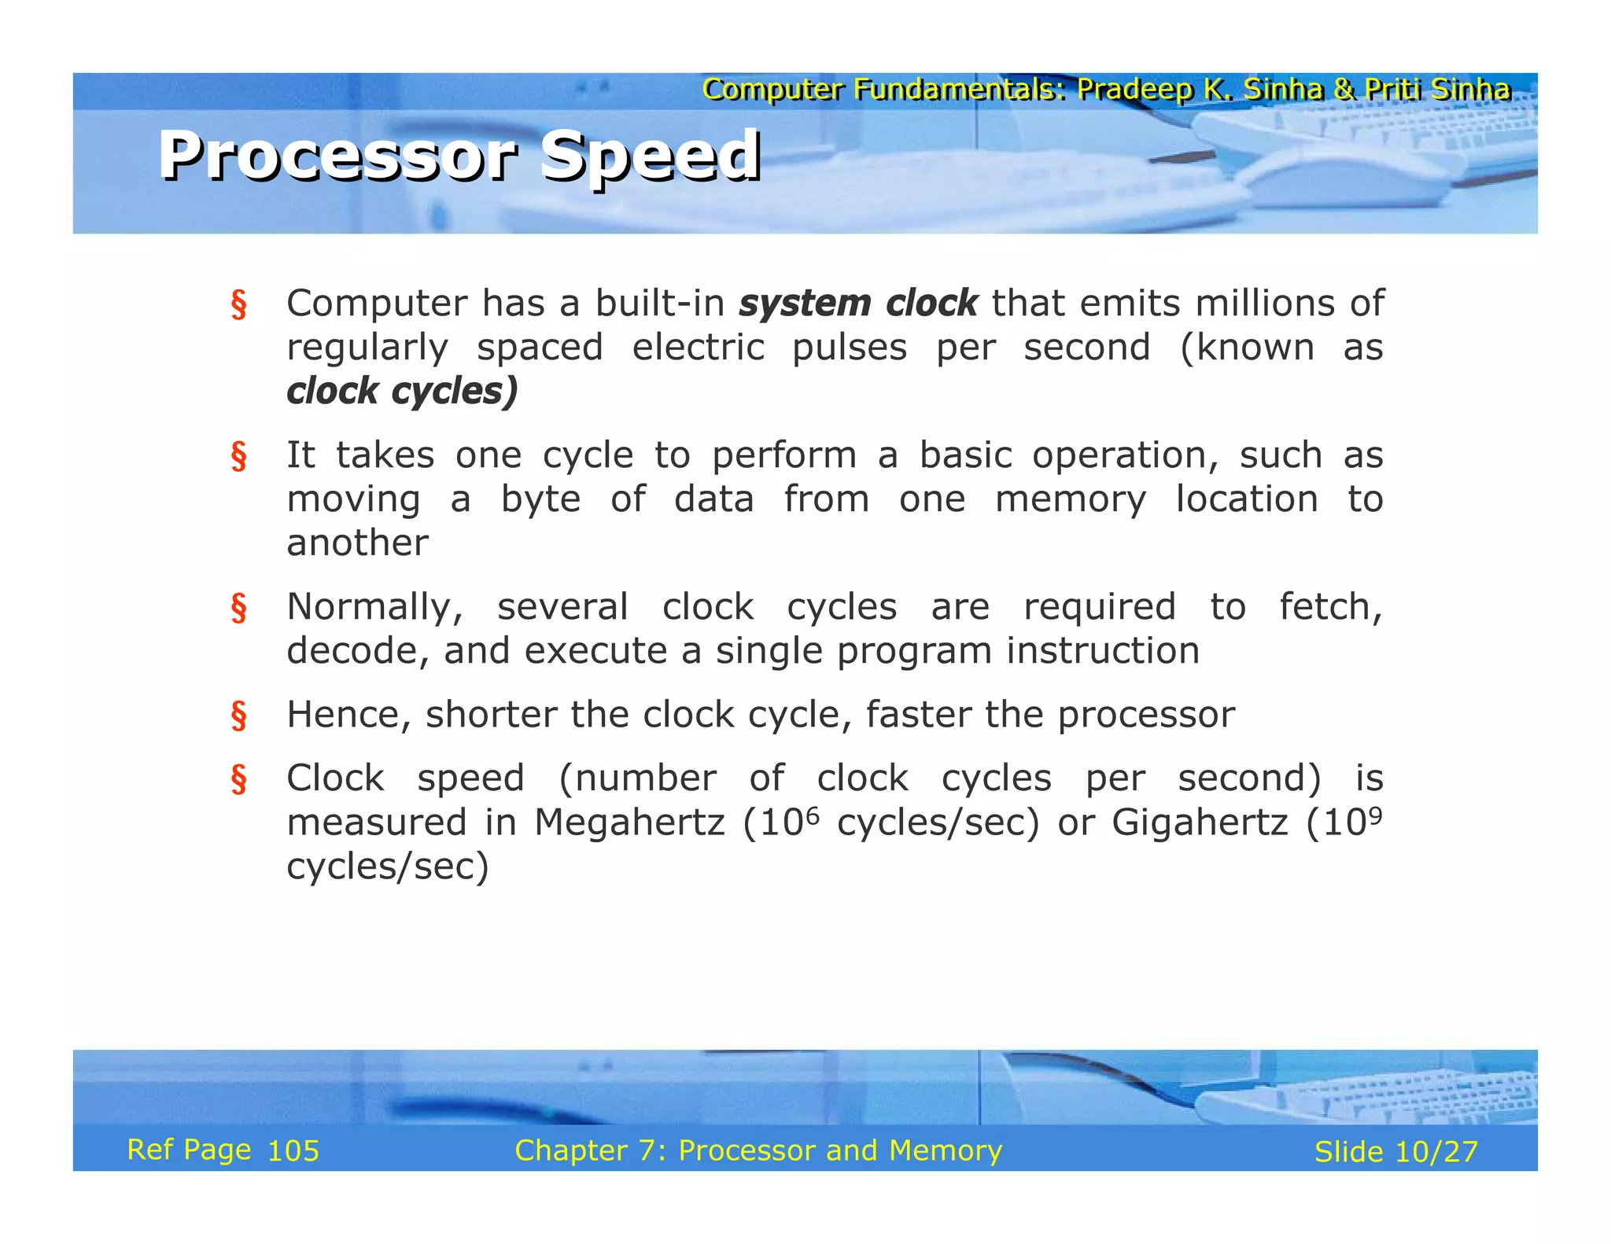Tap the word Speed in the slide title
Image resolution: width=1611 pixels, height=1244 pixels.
(x=651, y=156)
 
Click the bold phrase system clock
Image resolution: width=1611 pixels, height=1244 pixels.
(x=857, y=304)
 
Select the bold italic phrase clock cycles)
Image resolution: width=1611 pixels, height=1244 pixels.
(x=402, y=392)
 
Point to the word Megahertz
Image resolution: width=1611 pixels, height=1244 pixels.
(x=629, y=823)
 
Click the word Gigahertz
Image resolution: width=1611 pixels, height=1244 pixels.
(x=1200, y=823)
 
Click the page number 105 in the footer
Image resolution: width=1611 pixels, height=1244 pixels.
(x=293, y=1151)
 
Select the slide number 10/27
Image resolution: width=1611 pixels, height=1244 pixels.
(x=1436, y=1152)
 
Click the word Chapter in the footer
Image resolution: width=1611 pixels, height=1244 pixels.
(x=570, y=1150)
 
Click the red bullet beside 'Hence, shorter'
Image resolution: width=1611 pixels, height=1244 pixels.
(x=238, y=716)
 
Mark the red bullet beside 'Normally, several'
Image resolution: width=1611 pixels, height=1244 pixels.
(x=238, y=608)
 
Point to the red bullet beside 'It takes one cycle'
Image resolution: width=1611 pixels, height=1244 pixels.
(x=238, y=456)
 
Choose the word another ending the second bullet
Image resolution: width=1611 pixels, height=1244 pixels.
(x=357, y=543)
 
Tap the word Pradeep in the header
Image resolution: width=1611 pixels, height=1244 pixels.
(x=1134, y=90)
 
